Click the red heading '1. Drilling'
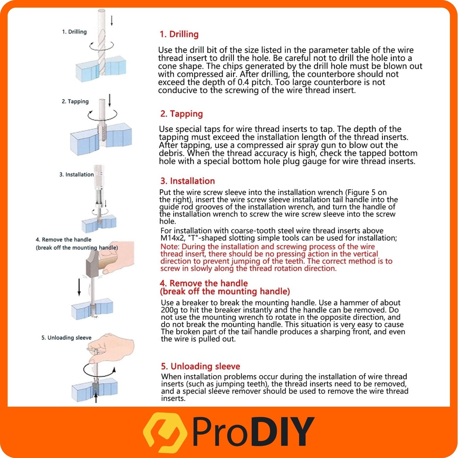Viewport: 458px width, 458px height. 179,34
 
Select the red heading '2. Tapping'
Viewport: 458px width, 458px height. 182,114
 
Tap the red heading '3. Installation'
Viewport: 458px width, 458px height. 187,181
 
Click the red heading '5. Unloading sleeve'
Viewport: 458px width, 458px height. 200,366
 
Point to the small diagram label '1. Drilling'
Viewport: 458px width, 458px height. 74,32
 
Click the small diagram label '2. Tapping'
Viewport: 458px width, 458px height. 75,102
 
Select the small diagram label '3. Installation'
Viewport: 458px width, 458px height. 76,174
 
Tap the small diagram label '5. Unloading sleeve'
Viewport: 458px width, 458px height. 66,338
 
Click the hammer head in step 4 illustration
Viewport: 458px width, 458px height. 93,264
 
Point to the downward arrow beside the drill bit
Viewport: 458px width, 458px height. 111,21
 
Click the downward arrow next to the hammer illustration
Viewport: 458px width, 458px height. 79,287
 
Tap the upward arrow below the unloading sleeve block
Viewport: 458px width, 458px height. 96,397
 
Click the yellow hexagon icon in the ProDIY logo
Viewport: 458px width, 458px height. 165,433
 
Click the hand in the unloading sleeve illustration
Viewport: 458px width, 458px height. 114,346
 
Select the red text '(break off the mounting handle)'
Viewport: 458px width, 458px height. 225,292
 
